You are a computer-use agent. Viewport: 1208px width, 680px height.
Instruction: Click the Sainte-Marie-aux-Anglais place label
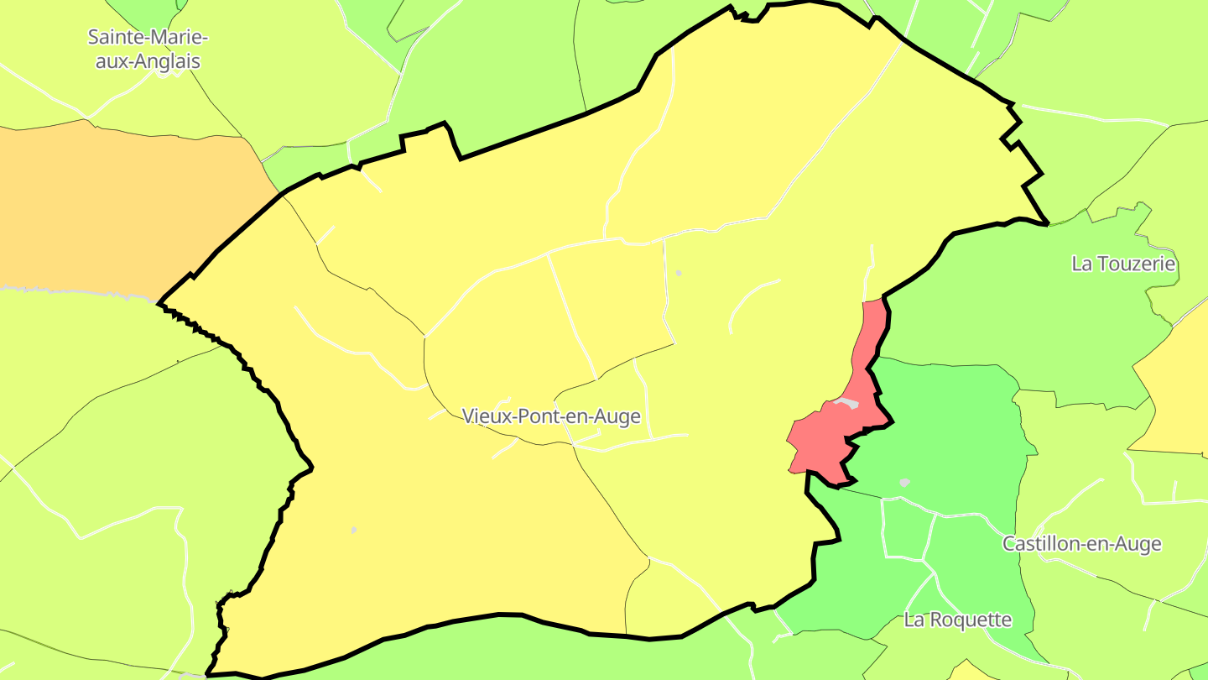pos(148,49)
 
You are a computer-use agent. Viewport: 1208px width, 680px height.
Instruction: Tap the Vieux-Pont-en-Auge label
pos(551,416)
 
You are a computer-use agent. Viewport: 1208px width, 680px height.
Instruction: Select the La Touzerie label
pos(1123,264)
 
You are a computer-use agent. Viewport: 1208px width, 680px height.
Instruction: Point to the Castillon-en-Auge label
pos(1081,544)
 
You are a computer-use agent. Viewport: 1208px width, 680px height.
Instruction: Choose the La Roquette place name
pos(957,620)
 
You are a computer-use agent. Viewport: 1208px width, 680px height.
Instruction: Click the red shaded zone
pos(826,437)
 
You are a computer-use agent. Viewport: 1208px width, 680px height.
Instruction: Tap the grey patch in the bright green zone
pos(904,483)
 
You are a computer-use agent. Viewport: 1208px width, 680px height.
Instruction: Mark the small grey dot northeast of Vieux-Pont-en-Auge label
pos(678,273)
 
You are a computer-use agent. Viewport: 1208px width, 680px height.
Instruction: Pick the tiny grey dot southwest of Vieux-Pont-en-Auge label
pos(353,531)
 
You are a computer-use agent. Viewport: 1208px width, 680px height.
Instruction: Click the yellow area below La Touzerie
pos(1174,395)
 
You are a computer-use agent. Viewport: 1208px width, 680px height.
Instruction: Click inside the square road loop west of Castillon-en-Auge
pos(906,529)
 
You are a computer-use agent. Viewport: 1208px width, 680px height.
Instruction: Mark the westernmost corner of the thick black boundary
pos(159,302)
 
